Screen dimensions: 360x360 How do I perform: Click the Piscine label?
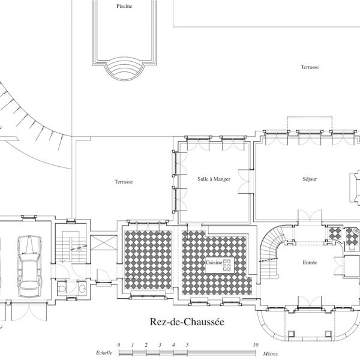tap(124, 6)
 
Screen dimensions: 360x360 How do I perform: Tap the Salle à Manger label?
tap(214, 179)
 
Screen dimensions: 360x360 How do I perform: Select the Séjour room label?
tap(310, 179)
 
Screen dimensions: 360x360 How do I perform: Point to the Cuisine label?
tap(214, 262)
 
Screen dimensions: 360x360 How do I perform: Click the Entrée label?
tap(310, 262)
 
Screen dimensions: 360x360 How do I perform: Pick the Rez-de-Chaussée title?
tap(187, 322)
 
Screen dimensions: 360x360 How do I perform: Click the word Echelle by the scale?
tap(104, 353)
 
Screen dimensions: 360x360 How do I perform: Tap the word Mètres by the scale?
tap(270, 354)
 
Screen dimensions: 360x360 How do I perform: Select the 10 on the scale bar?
tap(256, 344)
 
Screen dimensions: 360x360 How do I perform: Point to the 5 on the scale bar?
tap(187, 344)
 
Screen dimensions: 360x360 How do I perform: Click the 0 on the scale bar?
tap(119, 344)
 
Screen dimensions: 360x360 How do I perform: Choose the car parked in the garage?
tap(30, 266)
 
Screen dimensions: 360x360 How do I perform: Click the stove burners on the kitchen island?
tap(227, 265)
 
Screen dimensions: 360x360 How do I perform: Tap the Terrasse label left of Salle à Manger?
tap(124, 182)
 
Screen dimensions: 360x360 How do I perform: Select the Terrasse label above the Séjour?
tap(310, 67)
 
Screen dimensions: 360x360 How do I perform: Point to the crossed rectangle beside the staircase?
tap(104, 242)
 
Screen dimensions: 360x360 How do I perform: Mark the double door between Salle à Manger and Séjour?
tap(244, 182)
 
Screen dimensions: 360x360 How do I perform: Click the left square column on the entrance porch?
tap(290, 333)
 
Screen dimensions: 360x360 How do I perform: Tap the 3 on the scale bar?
tap(160, 344)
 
